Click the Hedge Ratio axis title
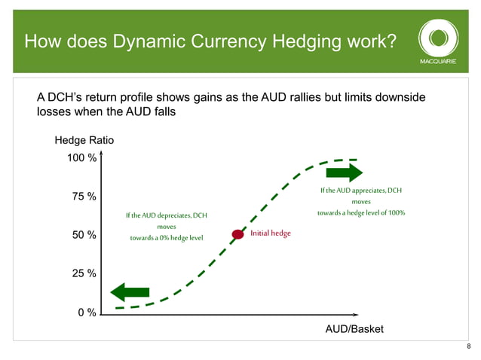click(x=84, y=140)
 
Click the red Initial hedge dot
click(x=238, y=234)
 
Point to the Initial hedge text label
click(x=271, y=233)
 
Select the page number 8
click(x=469, y=346)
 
